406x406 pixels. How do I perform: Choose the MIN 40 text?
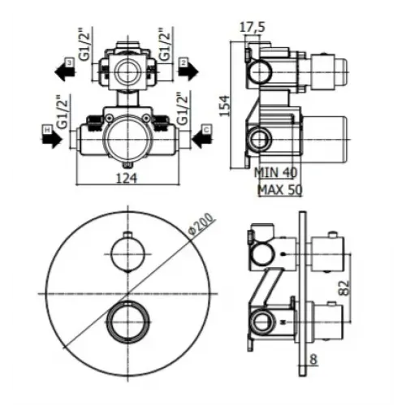(x=276, y=172)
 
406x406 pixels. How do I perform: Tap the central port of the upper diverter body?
(x=126, y=70)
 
